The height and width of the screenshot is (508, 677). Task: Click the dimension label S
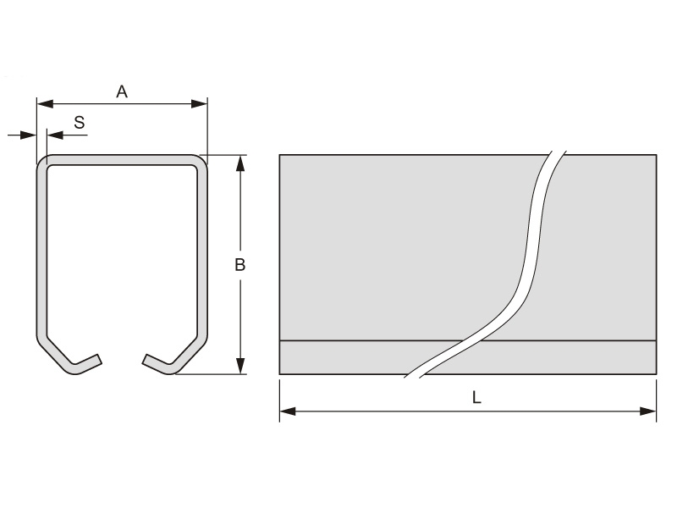(79, 123)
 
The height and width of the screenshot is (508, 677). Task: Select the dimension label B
(239, 265)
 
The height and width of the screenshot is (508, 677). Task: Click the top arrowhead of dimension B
(241, 162)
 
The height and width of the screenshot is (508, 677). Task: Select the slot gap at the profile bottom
(123, 362)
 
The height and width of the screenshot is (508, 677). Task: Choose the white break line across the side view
(531, 254)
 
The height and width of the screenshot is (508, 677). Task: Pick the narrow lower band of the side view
(355, 357)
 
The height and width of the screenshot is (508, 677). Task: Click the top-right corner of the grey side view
(656, 155)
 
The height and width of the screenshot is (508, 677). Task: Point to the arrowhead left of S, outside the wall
(30, 134)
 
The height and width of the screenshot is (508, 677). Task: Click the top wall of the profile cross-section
(122, 160)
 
